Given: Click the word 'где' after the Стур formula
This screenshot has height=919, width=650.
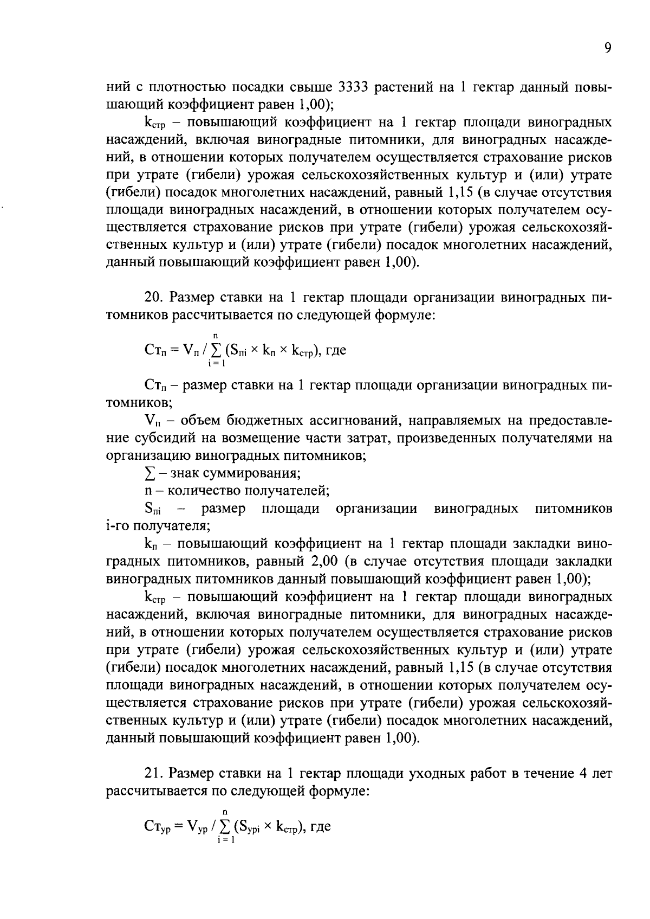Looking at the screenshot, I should point(320,827).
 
